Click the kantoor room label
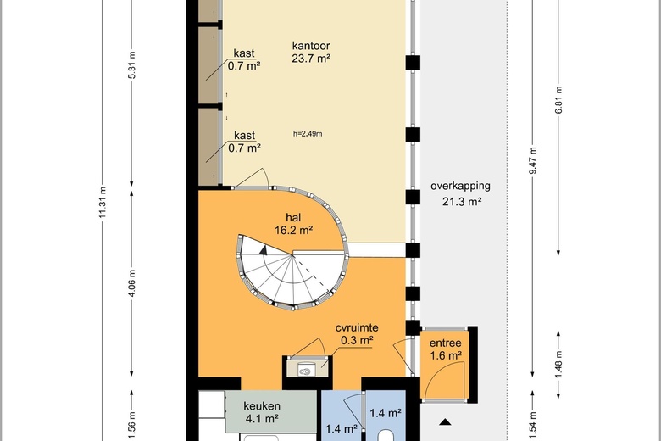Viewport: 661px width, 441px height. pos(311,46)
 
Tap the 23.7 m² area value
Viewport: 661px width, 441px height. pos(311,59)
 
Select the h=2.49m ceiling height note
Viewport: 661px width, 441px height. pos(308,134)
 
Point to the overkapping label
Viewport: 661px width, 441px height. pos(460,186)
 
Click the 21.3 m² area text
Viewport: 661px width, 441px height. pos(462,201)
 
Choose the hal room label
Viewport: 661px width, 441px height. pos(293,218)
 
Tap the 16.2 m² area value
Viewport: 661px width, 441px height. pos(293,231)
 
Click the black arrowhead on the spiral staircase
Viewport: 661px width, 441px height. pos(264,250)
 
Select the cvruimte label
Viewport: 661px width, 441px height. pos(357,327)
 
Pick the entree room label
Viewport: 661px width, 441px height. pos(445,343)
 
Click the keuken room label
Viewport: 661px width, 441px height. pos(262,406)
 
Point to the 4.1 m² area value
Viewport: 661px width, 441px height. pos(262,419)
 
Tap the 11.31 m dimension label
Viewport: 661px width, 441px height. pos(103,203)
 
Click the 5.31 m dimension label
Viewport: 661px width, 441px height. pos(132,65)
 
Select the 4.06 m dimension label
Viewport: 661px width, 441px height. pos(132,282)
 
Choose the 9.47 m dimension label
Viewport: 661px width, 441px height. pos(533,160)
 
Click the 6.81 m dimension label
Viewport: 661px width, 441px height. pos(559,100)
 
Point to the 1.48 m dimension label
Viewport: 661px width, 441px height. pos(559,365)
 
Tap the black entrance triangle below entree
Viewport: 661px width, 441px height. pos(446,421)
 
